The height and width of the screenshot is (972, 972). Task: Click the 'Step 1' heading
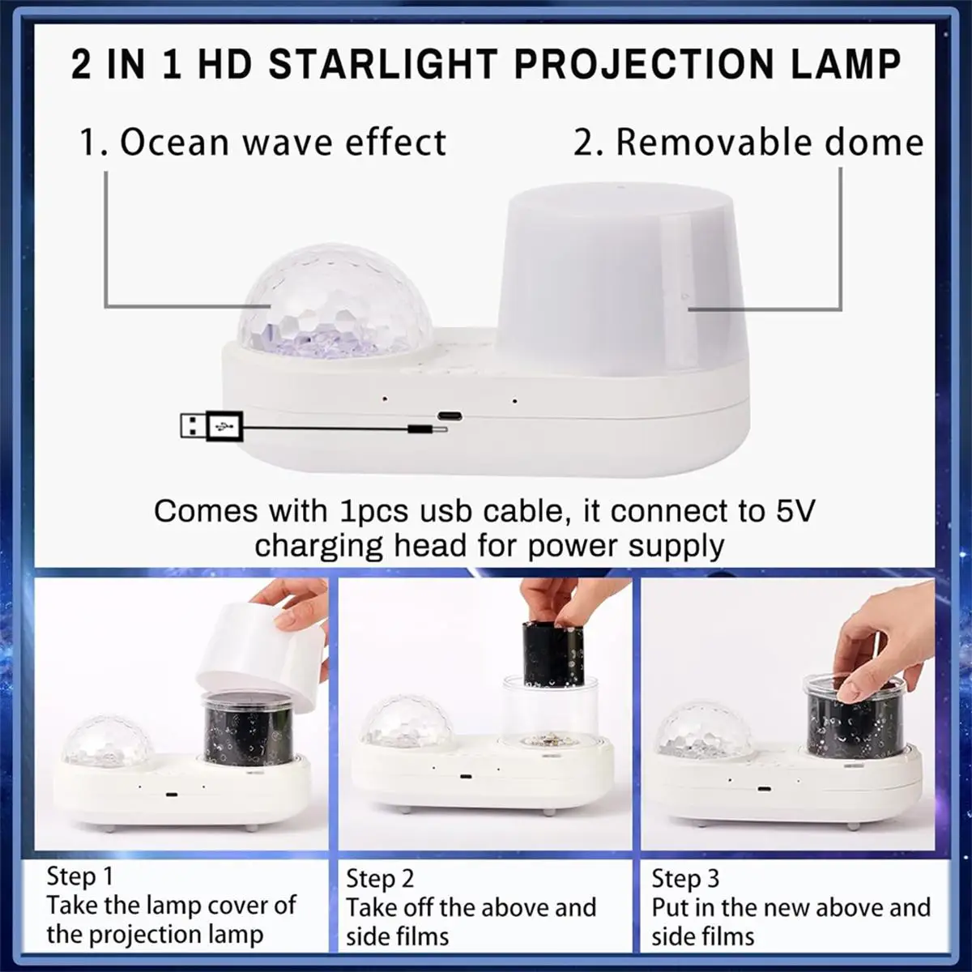(79, 876)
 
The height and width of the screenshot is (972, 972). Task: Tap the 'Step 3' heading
(685, 878)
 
